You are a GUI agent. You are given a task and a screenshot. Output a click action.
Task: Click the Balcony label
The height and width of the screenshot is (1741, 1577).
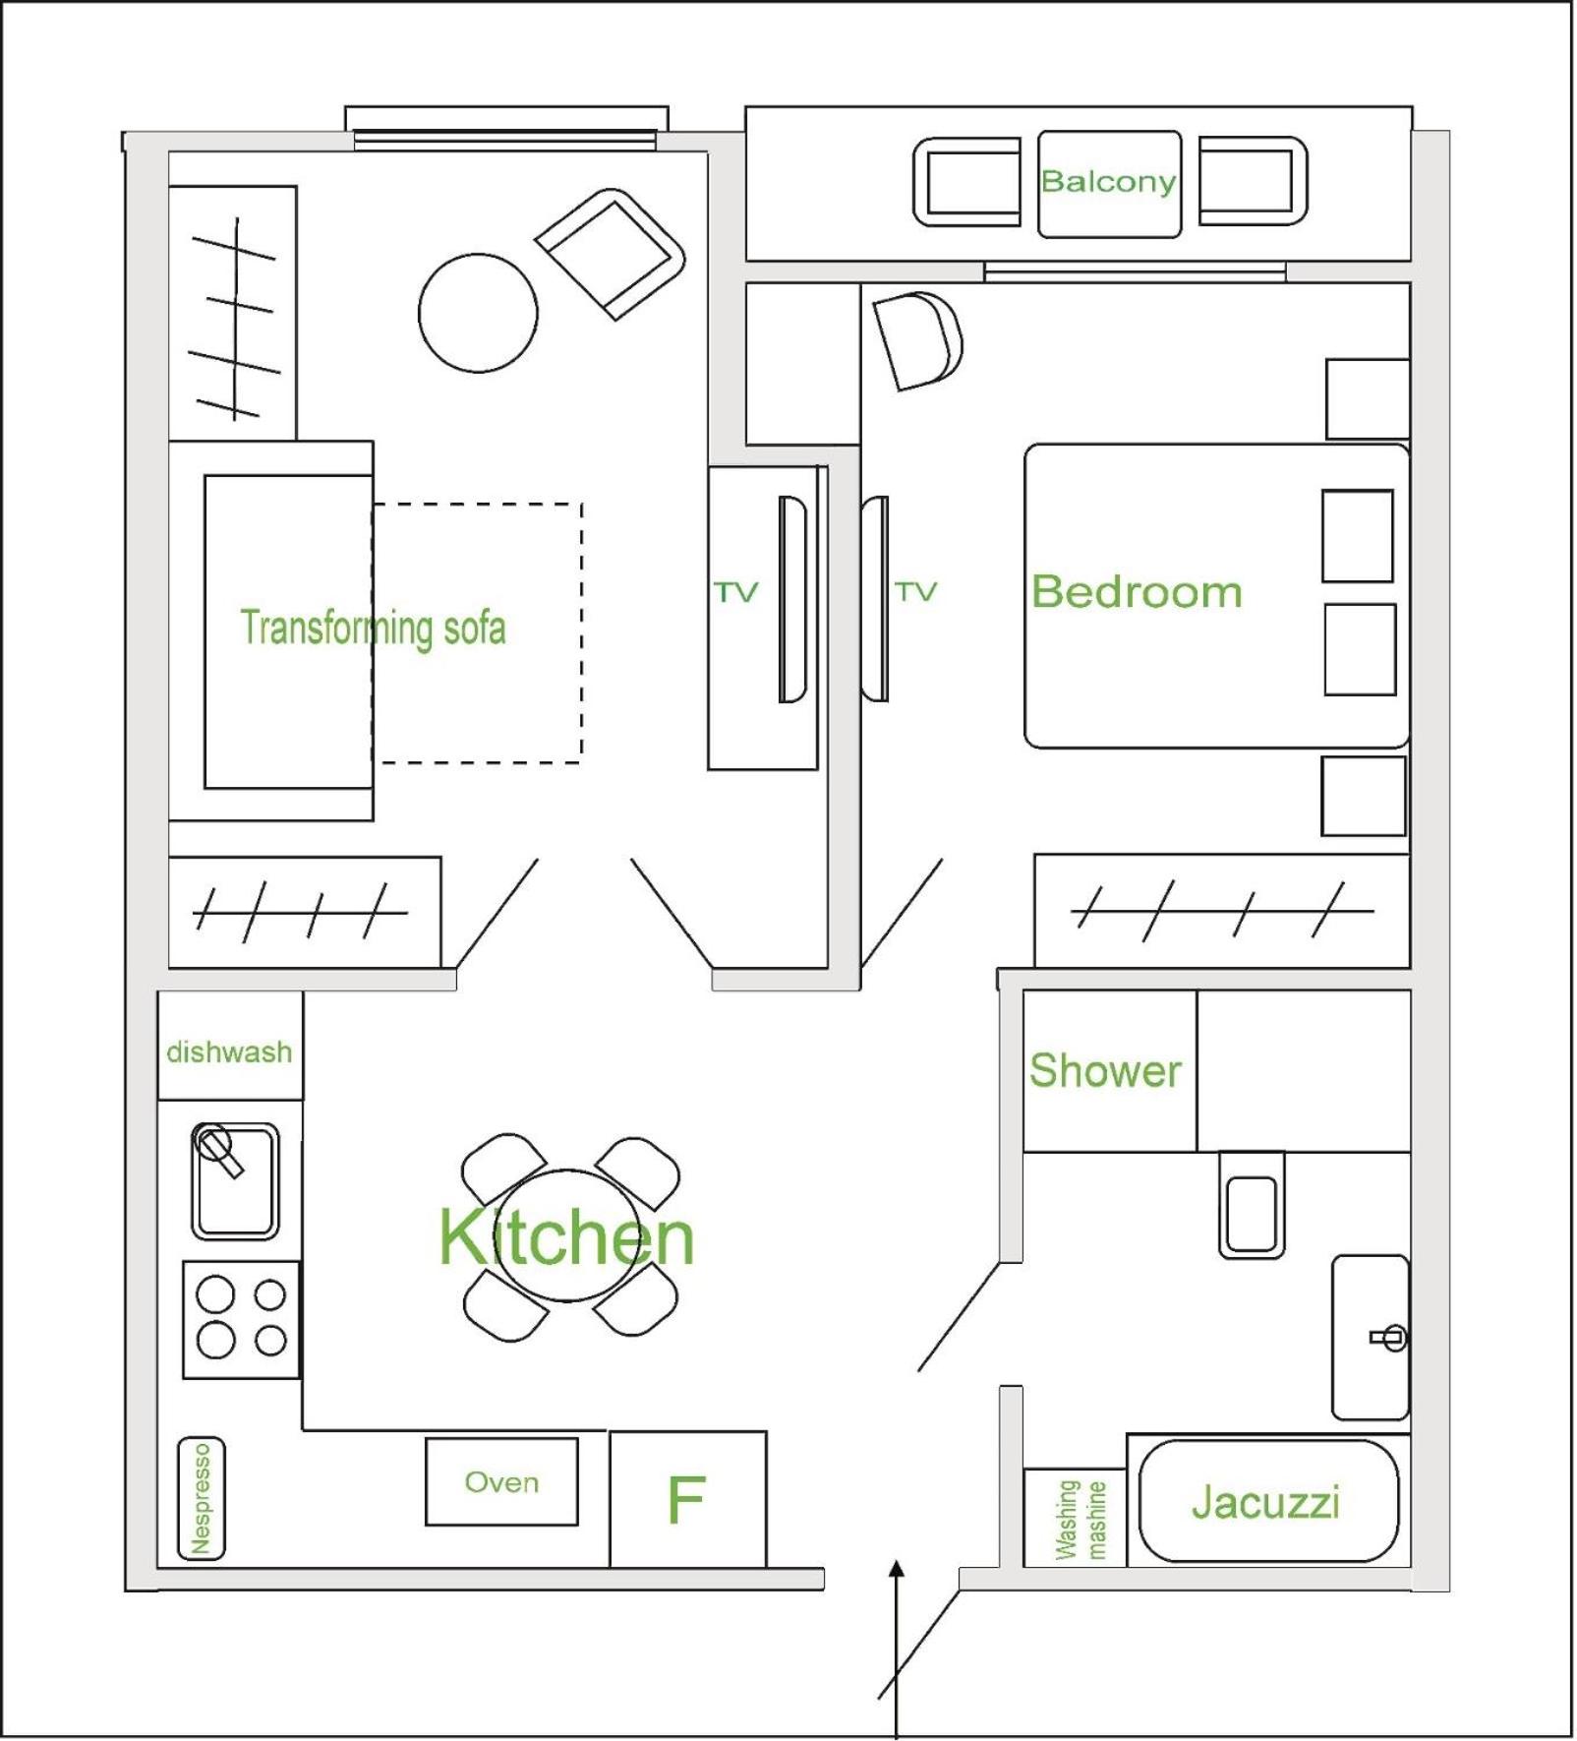[1108, 181]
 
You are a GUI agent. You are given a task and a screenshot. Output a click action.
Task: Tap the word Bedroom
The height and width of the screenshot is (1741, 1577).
[1137, 591]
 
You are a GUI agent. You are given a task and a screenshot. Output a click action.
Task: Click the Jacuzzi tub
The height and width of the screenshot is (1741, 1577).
[1267, 1501]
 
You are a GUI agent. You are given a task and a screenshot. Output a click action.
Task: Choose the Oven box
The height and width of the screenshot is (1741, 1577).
[501, 1481]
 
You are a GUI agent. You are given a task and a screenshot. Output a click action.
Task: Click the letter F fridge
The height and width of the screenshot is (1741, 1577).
[687, 1499]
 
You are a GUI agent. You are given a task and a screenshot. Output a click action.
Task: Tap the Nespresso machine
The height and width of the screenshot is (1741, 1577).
[202, 1499]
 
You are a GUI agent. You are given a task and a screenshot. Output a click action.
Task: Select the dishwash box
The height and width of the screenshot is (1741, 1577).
[230, 1045]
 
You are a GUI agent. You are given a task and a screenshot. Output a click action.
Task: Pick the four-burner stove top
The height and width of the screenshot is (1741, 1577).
[242, 1319]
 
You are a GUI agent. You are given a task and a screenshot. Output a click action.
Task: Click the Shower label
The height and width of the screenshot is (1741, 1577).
[1105, 1070]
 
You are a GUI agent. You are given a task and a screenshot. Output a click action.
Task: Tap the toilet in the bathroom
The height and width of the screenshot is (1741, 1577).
[1252, 1204]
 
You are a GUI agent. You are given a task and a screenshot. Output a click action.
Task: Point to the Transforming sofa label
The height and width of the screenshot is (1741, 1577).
[374, 629]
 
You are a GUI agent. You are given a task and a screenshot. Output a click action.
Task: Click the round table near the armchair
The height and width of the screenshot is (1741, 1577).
[478, 313]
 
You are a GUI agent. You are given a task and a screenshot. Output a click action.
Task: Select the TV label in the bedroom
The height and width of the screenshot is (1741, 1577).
[916, 591]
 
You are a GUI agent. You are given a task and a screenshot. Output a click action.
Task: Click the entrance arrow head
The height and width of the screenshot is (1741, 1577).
[896, 1571]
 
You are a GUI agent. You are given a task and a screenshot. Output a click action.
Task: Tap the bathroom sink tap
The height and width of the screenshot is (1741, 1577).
[1389, 1337]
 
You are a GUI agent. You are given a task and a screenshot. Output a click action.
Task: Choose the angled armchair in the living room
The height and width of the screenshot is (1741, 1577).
[611, 254]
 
